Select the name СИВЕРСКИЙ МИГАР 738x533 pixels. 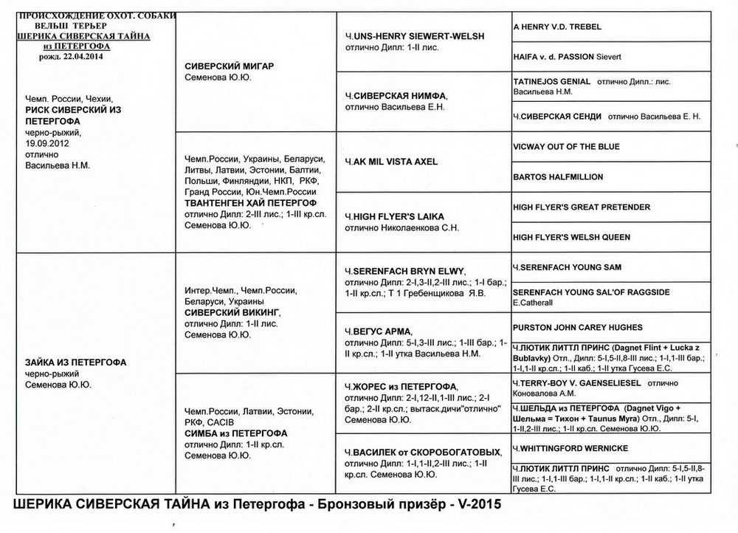pos(229,66)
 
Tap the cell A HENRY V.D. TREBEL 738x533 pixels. pos(557,27)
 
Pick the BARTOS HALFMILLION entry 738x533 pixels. pos(558,177)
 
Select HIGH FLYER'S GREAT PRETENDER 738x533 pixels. pos(582,207)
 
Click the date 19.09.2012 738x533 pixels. pos(46,142)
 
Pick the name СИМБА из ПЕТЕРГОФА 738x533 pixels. pos(235,433)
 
